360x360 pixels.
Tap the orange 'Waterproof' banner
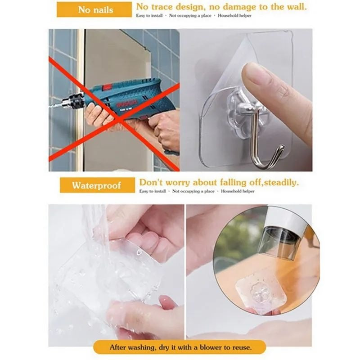[x=97, y=185]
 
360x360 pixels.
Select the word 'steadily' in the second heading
[x=281, y=182]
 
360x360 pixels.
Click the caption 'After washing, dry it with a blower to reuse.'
[x=180, y=347]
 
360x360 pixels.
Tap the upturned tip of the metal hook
[x=281, y=148]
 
